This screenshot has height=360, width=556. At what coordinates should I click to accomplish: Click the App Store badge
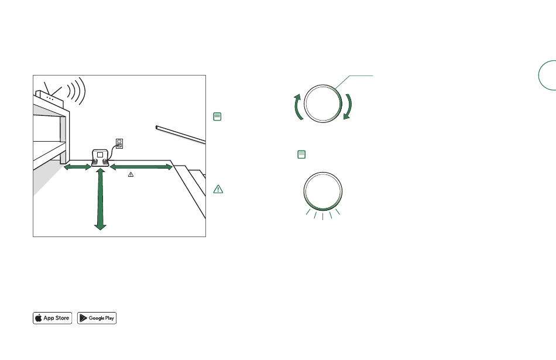click(x=53, y=318)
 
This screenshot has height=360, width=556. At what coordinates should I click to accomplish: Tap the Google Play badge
click(x=97, y=318)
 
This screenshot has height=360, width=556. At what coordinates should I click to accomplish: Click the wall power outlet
click(x=119, y=143)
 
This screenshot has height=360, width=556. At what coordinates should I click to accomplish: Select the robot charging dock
click(x=100, y=157)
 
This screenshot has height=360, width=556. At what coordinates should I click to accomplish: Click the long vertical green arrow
click(x=100, y=199)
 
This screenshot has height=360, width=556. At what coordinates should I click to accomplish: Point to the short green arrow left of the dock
click(x=77, y=167)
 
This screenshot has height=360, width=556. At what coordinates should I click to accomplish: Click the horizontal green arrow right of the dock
click(x=141, y=167)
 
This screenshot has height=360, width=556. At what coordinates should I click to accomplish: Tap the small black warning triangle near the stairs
click(x=131, y=174)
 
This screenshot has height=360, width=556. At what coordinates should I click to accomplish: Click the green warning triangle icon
click(x=218, y=189)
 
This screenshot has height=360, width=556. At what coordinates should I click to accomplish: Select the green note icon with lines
click(x=217, y=116)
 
